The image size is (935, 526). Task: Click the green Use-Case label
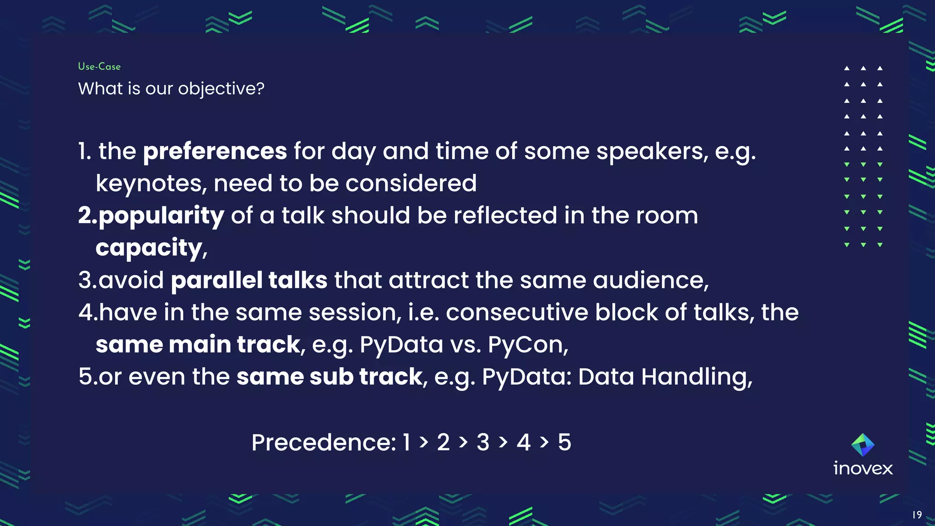[99, 67]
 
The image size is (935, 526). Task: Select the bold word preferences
[215, 151]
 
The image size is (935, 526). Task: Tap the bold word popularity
[161, 216]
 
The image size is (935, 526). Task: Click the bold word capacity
[149, 248]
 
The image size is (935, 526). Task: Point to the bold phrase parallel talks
[249, 280]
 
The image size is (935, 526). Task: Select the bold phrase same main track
[198, 344]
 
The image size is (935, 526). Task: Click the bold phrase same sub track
[329, 377]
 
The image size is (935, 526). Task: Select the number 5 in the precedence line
[564, 442]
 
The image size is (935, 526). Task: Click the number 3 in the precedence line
[483, 442]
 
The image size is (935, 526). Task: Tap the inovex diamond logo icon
[863, 445]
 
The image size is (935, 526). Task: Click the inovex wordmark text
[863, 468]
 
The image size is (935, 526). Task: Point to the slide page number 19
[917, 515]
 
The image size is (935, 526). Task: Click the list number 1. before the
[85, 151]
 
